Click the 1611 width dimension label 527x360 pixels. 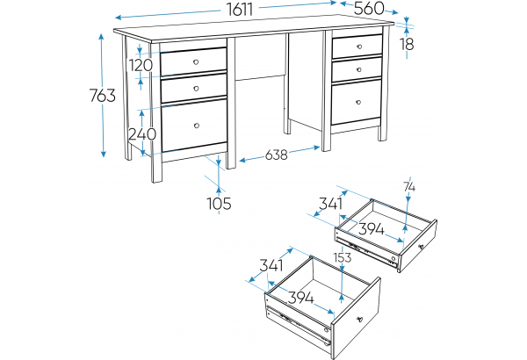(240, 9)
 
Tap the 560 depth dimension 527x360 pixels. (369, 9)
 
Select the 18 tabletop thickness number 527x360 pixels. (407, 44)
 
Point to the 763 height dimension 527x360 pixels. (103, 96)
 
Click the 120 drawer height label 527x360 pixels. (141, 65)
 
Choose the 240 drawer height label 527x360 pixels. (142, 134)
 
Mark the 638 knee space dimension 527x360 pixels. (277, 155)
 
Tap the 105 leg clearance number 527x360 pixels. (219, 204)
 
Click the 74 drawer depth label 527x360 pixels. (409, 187)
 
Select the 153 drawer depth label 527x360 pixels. (343, 257)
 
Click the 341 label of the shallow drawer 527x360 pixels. (331, 204)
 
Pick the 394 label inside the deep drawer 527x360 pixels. (301, 298)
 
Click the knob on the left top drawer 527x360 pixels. (196, 61)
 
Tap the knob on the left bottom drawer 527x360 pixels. (197, 126)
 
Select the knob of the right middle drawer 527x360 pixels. (359, 69)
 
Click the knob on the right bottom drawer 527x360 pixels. (358, 102)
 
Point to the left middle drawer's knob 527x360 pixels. (197, 89)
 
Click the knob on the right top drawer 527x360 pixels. (359, 47)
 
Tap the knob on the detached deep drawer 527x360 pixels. (359, 319)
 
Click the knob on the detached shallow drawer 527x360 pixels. (421, 247)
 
